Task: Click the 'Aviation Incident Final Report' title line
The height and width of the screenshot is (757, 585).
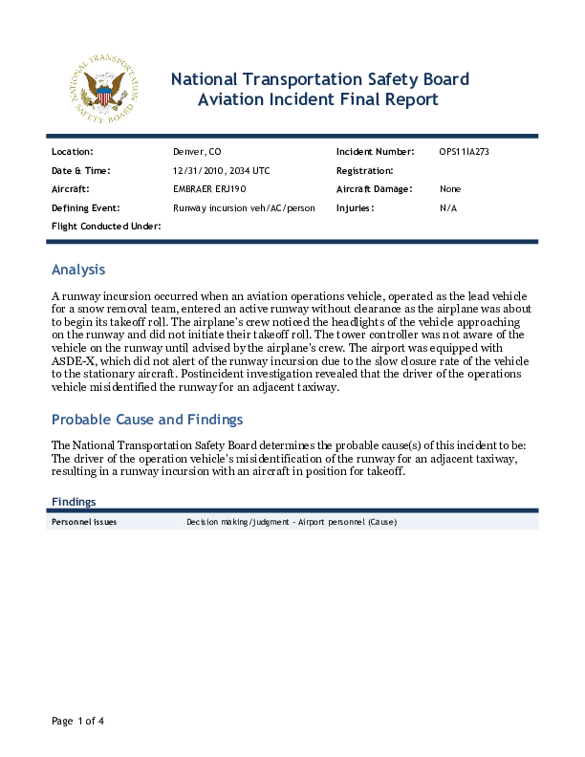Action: [x=319, y=99]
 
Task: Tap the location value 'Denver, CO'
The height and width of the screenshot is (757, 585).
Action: [x=197, y=152]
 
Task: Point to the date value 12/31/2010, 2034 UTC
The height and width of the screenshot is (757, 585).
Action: [x=221, y=170]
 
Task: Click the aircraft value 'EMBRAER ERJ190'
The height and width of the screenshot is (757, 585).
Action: [x=209, y=189]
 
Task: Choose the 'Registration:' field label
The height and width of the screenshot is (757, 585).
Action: [x=365, y=170]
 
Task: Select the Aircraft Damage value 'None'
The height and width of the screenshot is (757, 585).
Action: [x=450, y=189]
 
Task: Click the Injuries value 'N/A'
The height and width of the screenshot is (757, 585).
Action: [x=448, y=207]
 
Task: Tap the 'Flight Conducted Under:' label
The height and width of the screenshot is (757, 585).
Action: [x=106, y=226]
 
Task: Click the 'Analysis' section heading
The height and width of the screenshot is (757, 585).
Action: [x=78, y=270]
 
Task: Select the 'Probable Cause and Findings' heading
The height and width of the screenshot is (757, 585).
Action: [x=147, y=420]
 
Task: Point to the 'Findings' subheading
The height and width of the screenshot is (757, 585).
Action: [x=74, y=501]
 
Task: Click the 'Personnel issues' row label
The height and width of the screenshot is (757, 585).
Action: [x=84, y=522]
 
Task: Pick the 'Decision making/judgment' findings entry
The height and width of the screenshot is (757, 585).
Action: [x=292, y=522]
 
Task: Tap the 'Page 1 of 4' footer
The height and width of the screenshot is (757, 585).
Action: [x=77, y=721]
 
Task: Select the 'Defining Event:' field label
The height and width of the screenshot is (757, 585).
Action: [x=85, y=207]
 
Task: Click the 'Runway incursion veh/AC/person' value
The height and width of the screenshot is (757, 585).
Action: [x=244, y=207]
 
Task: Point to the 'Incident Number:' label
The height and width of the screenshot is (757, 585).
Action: [x=375, y=152]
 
